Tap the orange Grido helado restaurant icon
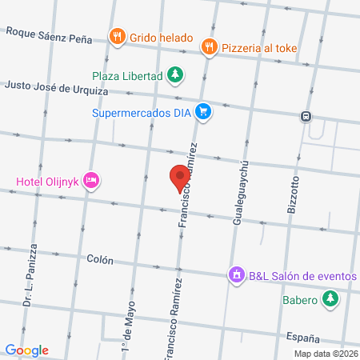point(118,36)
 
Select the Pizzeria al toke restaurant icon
point(209,46)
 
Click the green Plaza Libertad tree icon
point(175,75)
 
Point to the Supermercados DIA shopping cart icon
point(204,111)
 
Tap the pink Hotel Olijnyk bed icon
point(92,180)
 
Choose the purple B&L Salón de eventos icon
point(236,274)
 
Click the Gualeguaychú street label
point(238,192)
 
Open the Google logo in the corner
point(26,350)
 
